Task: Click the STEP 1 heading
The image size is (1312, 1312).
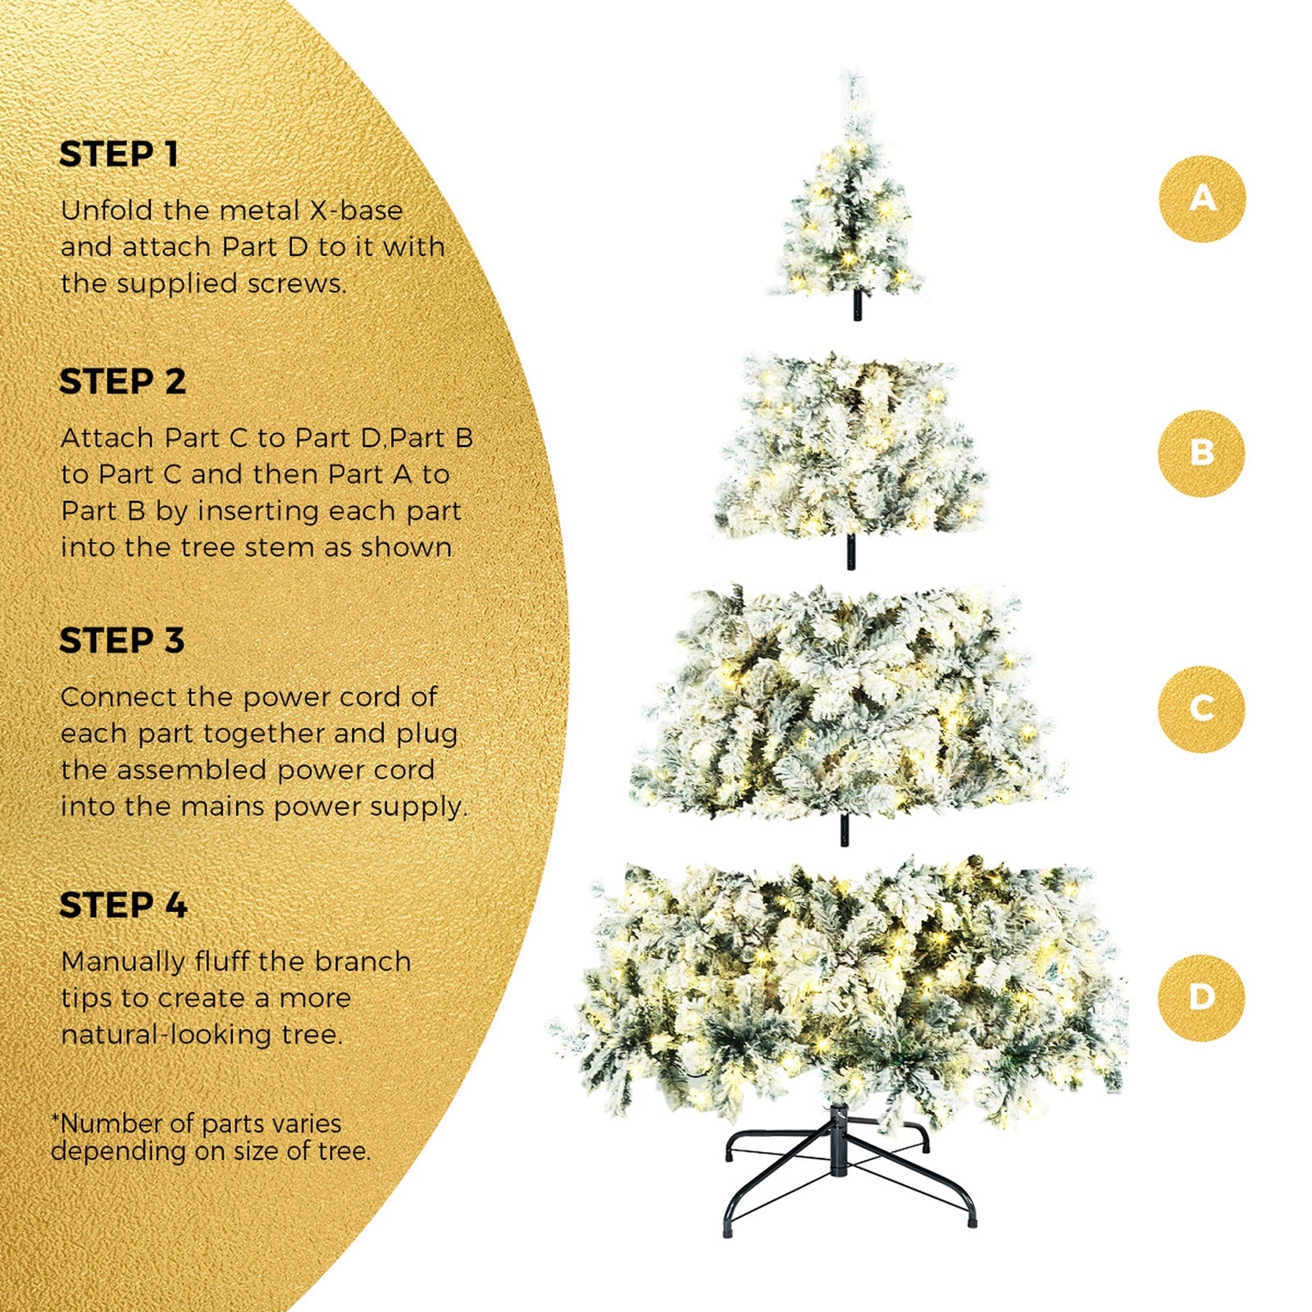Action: click(x=119, y=154)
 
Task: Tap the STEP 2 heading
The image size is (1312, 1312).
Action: click(x=122, y=381)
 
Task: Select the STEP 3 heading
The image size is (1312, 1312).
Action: click(x=121, y=640)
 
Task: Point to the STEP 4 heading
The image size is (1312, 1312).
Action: click(x=123, y=905)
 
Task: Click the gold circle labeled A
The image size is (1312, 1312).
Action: click(x=1202, y=198)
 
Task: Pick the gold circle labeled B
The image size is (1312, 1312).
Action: click(x=1201, y=453)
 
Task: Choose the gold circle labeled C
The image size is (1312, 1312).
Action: click(x=1201, y=708)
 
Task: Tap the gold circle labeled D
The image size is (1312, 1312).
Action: click(x=1201, y=997)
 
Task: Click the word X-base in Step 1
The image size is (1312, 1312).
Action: click(x=356, y=211)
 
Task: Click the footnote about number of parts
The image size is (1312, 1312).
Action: click(x=211, y=1137)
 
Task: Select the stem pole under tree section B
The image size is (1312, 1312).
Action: click(x=850, y=552)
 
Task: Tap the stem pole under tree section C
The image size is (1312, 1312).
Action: click(x=845, y=830)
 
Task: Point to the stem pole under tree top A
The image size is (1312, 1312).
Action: click(x=858, y=305)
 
